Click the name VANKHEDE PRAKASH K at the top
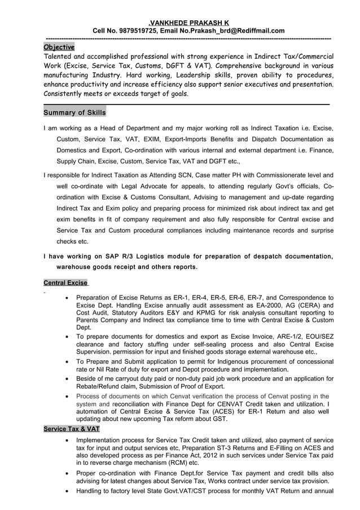(x=181, y=22)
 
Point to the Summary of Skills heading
(x=74, y=113)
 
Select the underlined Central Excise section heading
(x=65, y=282)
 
